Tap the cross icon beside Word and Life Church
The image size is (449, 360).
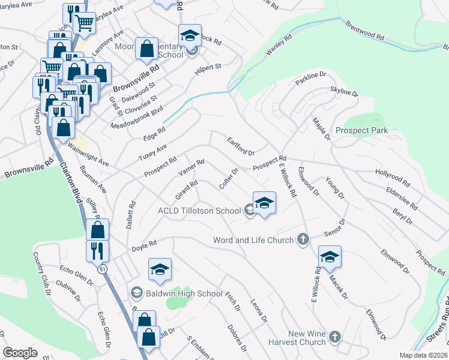click(x=303, y=240)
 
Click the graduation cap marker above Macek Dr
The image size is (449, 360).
click(x=329, y=257)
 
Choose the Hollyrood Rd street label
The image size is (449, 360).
click(x=393, y=177)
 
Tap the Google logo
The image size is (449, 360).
click(x=20, y=353)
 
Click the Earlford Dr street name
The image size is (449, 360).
click(x=241, y=145)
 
